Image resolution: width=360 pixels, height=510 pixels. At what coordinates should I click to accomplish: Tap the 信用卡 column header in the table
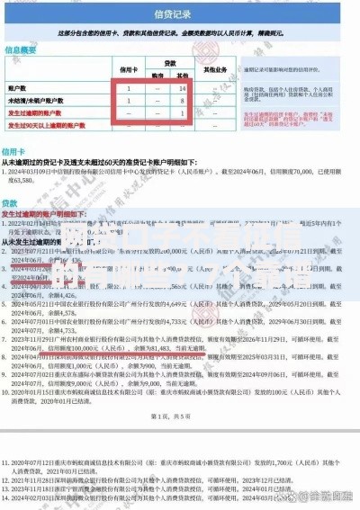[130, 67]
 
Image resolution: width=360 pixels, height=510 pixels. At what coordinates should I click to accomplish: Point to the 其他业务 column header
[214, 68]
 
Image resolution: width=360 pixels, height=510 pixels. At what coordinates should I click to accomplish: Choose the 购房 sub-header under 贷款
[157, 75]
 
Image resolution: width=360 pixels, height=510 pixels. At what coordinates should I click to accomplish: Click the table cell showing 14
[183, 88]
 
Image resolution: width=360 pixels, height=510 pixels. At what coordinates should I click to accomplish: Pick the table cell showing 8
[183, 102]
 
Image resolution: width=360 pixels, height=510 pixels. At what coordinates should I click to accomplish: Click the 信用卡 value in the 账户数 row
[130, 88]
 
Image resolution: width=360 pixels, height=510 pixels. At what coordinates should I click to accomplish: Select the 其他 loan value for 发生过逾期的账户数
[183, 114]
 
